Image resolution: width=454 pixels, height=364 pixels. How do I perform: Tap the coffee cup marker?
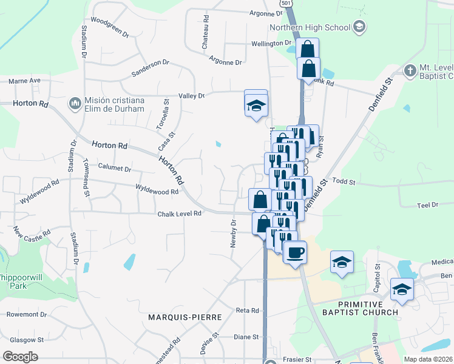[x=295, y=252]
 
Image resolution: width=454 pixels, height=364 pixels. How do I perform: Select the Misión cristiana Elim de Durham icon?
[x=76, y=104]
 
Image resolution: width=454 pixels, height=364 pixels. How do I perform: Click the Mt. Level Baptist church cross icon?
[x=410, y=70]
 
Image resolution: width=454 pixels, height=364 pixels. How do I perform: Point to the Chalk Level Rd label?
[x=179, y=214]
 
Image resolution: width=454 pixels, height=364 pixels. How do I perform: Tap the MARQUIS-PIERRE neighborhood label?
[x=185, y=317]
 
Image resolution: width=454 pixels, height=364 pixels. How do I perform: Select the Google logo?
[x=20, y=357]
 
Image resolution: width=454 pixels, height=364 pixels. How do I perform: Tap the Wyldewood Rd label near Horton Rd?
[x=157, y=191]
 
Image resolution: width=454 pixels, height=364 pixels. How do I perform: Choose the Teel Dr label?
[x=427, y=206]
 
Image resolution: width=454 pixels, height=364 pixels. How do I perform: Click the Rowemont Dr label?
[x=25, y=315]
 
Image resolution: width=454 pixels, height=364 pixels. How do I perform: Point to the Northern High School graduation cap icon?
[x=359, y=27]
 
